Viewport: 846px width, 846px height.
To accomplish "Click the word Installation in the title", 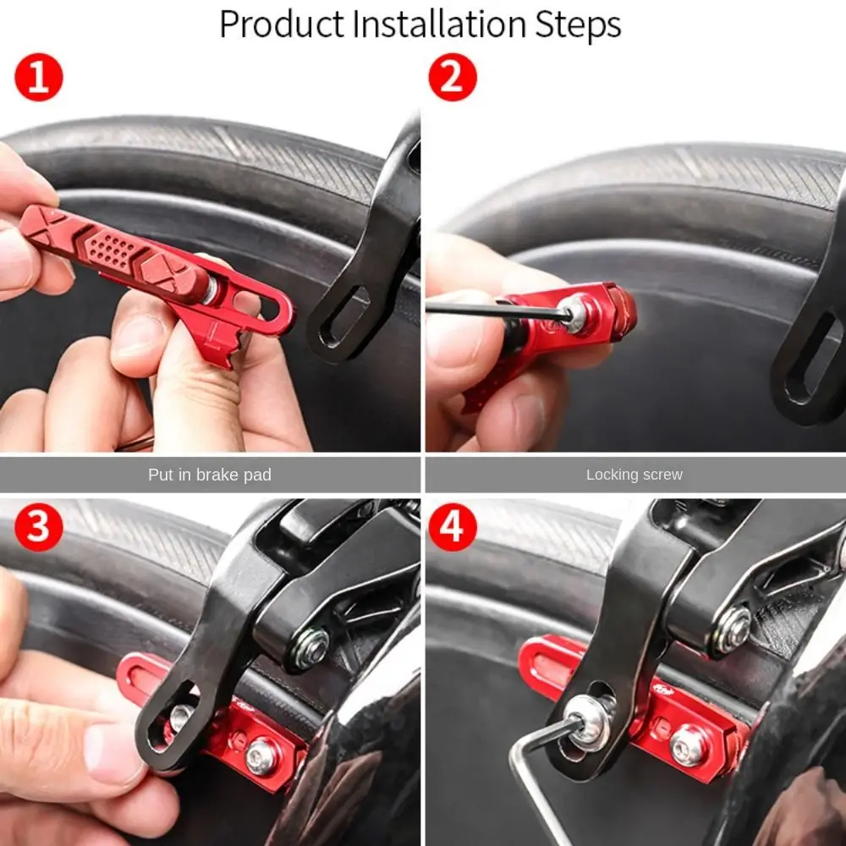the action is [x=439, y=24].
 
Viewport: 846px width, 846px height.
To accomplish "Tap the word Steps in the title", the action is [x=578, y=25].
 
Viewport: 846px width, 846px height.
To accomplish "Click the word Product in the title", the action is [x=281, y=25].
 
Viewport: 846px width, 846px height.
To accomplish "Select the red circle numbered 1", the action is [x=39, y=77].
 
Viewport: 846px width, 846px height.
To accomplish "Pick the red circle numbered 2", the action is [x=453, y=77].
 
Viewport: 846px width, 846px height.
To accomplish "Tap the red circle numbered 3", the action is [x=39, y=527].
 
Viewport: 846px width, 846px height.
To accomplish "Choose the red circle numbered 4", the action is [x=453, y=527].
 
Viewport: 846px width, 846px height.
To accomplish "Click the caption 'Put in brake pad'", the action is [x=210, y=475].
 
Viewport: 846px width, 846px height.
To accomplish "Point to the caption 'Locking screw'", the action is [x=634, y=475].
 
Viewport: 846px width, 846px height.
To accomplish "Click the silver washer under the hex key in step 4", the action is [x=589, y=722].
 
